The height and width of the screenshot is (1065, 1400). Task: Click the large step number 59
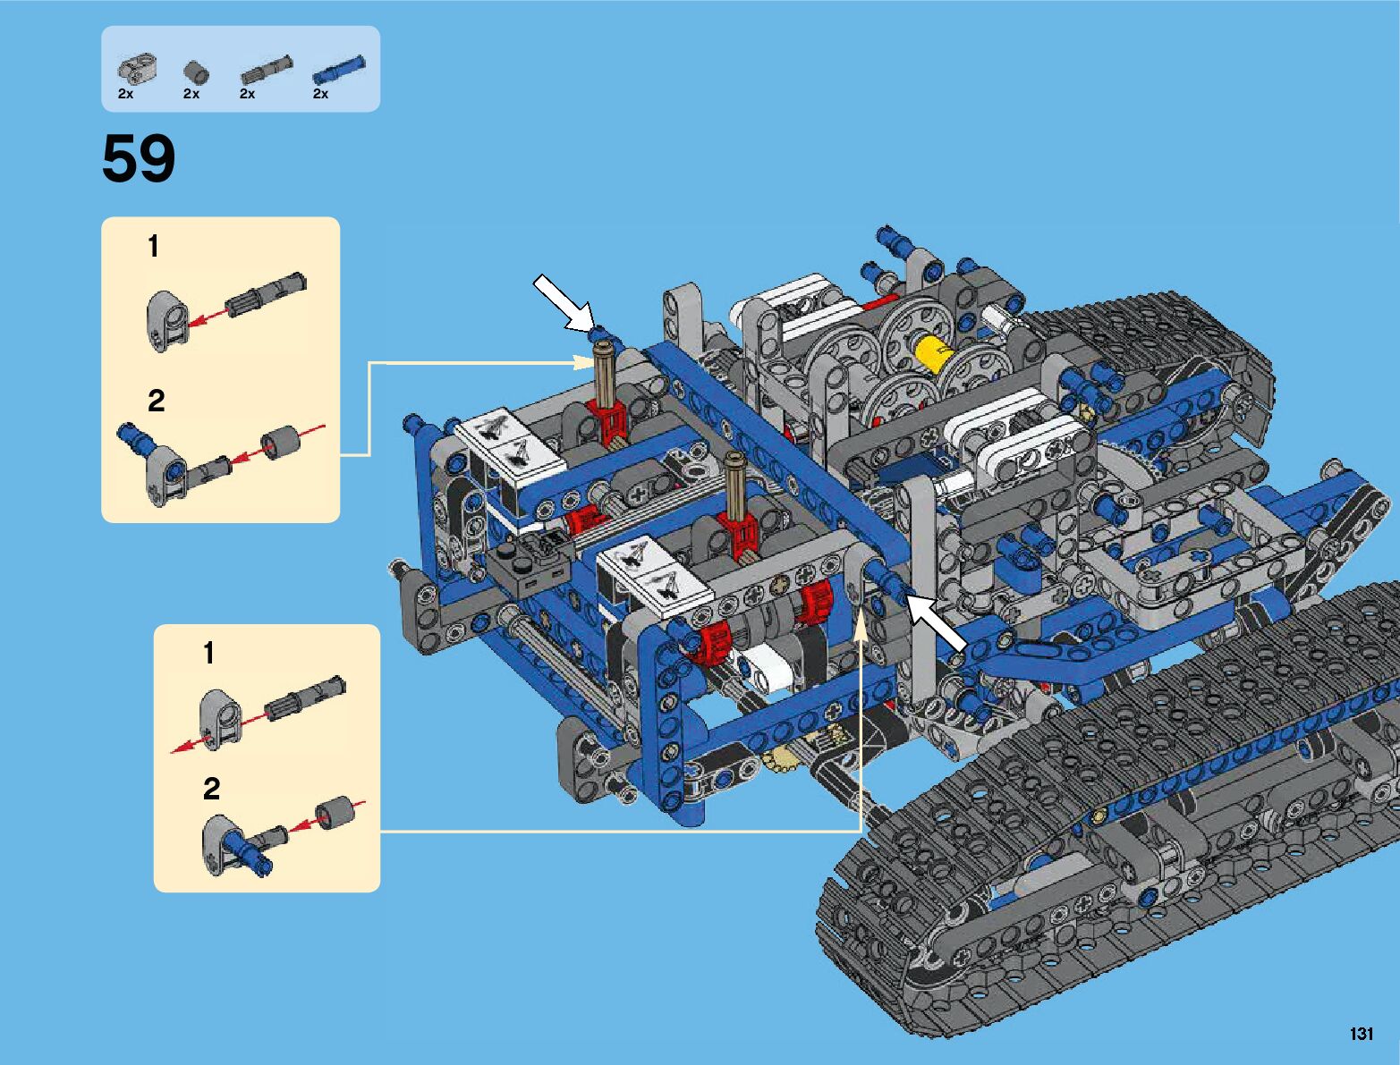tap(139, 160)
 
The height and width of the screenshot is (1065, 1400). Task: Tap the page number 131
tap(1361, 1034)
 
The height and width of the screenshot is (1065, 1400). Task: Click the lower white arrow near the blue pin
tap(937, 622)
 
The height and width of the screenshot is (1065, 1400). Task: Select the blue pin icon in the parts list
tap(337, 69)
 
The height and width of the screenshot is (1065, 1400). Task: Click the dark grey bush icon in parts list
tap(195, 72)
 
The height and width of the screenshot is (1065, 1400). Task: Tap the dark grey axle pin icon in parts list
tap(266, 70)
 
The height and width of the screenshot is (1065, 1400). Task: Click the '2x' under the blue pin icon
tap(320, 94)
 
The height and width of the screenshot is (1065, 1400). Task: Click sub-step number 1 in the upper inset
tap(154, 246)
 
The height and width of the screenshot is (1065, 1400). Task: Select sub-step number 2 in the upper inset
tap(156, 401)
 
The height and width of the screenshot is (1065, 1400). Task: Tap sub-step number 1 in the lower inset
tap(208, 654)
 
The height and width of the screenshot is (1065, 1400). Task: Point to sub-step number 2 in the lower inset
tap(211, 789)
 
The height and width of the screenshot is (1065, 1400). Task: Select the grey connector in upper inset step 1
tap(165, 320)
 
